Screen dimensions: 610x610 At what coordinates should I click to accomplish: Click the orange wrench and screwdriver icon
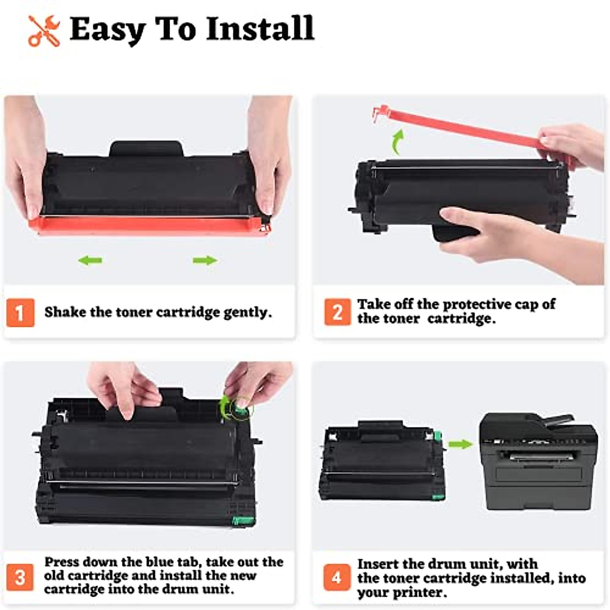point(44,31)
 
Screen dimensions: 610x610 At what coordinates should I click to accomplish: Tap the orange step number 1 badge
point(20,313)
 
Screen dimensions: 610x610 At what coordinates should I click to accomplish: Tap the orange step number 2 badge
point(338,312)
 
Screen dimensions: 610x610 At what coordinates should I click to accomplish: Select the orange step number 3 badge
point(20,577)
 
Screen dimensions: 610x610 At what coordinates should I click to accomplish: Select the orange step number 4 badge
point(337,577)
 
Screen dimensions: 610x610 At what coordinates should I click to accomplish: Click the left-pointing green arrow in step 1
point(90,261)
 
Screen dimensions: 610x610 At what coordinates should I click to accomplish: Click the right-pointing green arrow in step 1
point(205,261)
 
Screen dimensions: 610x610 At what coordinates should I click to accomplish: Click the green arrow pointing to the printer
point(460,444)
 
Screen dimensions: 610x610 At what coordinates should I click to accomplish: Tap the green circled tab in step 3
point(239,408)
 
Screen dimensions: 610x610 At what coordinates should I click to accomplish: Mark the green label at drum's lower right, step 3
point(243,520)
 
